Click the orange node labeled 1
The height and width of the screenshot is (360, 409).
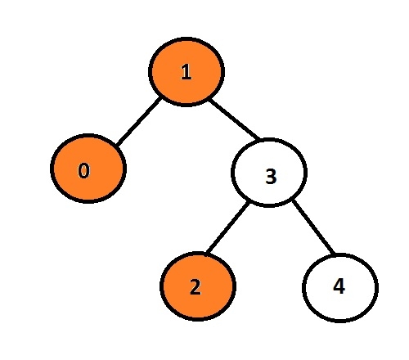(x=187, y=71)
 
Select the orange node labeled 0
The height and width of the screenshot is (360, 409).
(x=88, y=169)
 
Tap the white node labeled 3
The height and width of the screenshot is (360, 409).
(x=269, y=173)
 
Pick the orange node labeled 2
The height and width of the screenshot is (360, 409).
(x=198, y=286)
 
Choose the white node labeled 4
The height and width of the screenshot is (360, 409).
(x=340, y=288)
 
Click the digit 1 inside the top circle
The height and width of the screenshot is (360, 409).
(x=186, y=72)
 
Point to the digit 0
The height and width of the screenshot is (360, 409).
(x=83, y=170)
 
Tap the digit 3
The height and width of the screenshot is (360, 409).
(x=271, y=176)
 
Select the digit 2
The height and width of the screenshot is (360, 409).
(x=196, y=287)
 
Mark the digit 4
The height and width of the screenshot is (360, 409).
(x=339, y=286)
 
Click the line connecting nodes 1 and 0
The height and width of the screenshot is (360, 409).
(x=138, y=121)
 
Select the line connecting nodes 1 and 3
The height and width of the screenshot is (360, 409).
(x=234, y=119)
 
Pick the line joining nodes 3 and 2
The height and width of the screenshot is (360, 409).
(x=227, y=227)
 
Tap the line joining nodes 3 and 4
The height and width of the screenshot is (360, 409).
(x=313, y=227)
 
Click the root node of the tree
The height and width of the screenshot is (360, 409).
(x=187, y=71)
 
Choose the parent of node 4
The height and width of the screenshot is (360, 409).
(x=269, y=173)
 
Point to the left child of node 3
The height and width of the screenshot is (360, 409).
(x=198, y=286)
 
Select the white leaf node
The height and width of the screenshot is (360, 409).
(x=340, y=288)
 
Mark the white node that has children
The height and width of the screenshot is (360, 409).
(x=269, y=173)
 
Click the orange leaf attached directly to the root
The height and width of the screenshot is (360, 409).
(x=88, y=169)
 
